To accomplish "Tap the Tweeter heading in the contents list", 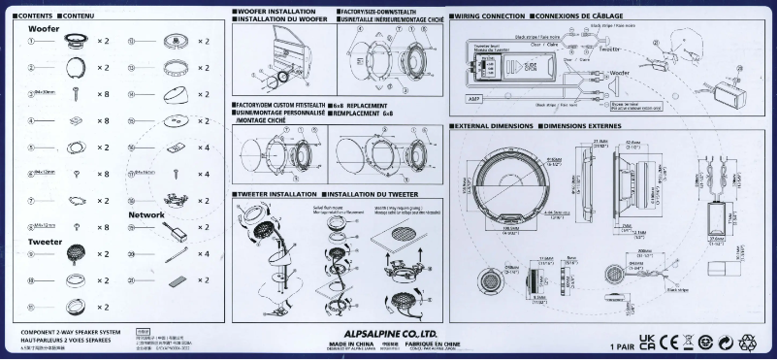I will click(45, 240).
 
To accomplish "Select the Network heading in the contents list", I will click(146, 214).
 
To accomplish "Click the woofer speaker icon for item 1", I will click(73, 42).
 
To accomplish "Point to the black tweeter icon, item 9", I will click(73, 253).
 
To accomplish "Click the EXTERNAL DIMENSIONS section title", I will click(495, 126).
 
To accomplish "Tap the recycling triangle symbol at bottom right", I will click(748, 342).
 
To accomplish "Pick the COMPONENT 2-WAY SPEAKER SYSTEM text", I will click(70, 332).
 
